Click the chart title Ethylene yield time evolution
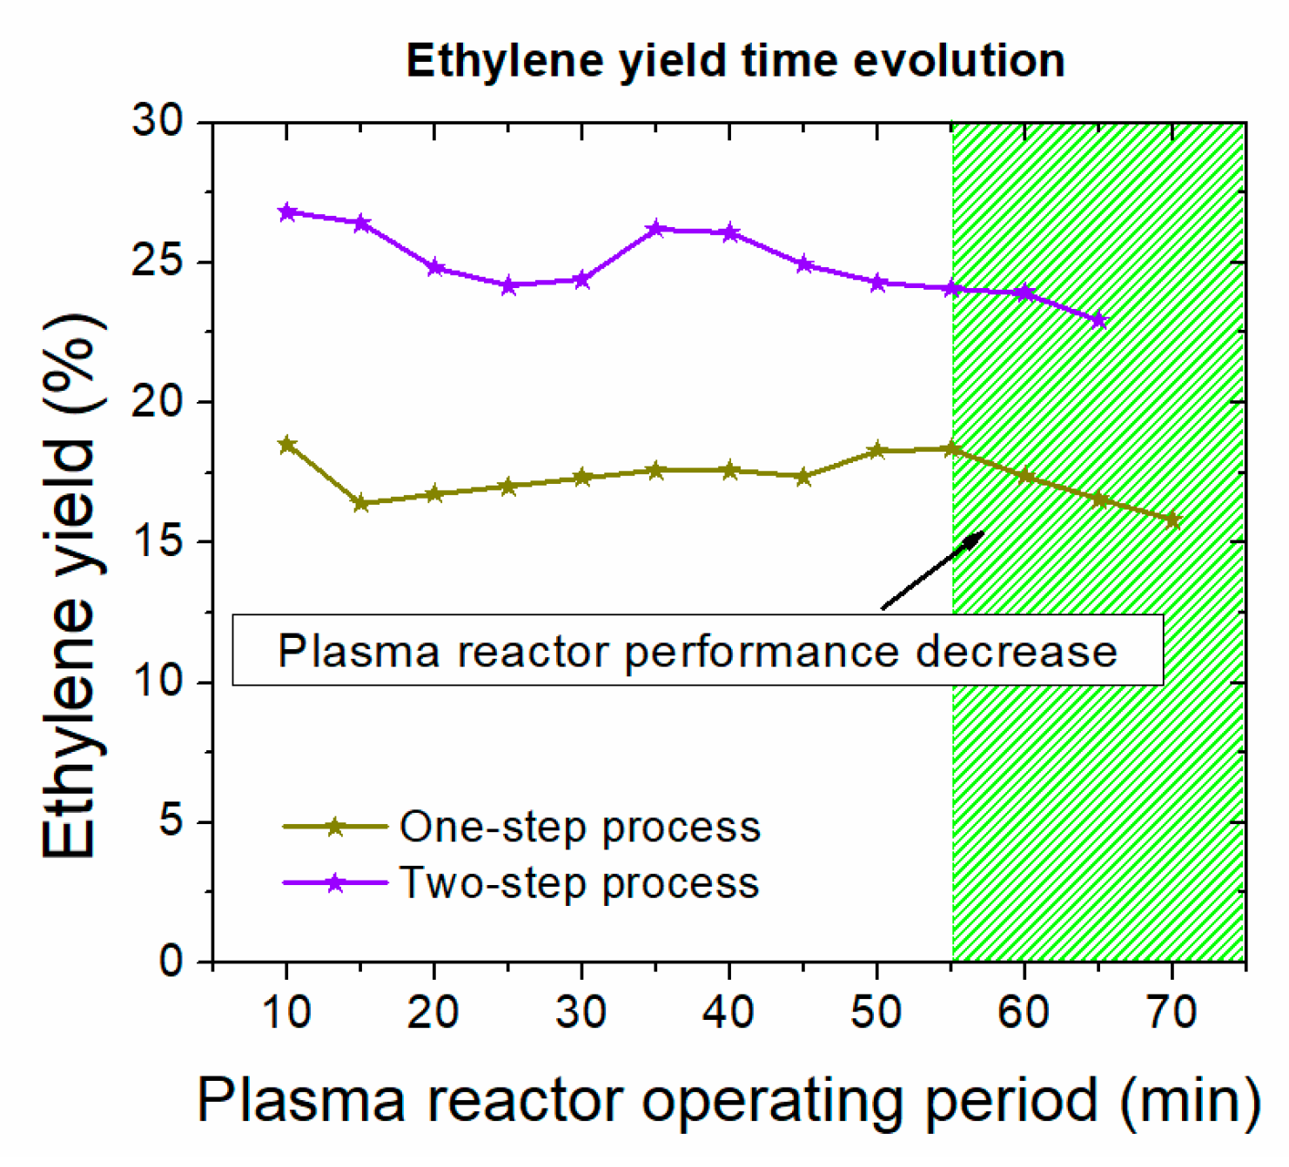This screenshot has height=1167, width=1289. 735,61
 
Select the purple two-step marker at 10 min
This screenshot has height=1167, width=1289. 287,212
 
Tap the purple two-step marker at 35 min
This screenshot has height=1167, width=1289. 656,229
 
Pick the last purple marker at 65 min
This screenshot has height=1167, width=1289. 1099,320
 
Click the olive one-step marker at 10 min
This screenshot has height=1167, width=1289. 287,445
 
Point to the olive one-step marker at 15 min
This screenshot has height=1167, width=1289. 361,503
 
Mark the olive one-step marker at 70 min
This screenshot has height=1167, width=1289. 1173,520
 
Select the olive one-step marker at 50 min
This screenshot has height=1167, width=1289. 877,450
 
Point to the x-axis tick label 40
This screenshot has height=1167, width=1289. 728,1012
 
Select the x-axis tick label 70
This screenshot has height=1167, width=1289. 1172,1012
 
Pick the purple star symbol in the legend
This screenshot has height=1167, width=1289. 335,883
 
